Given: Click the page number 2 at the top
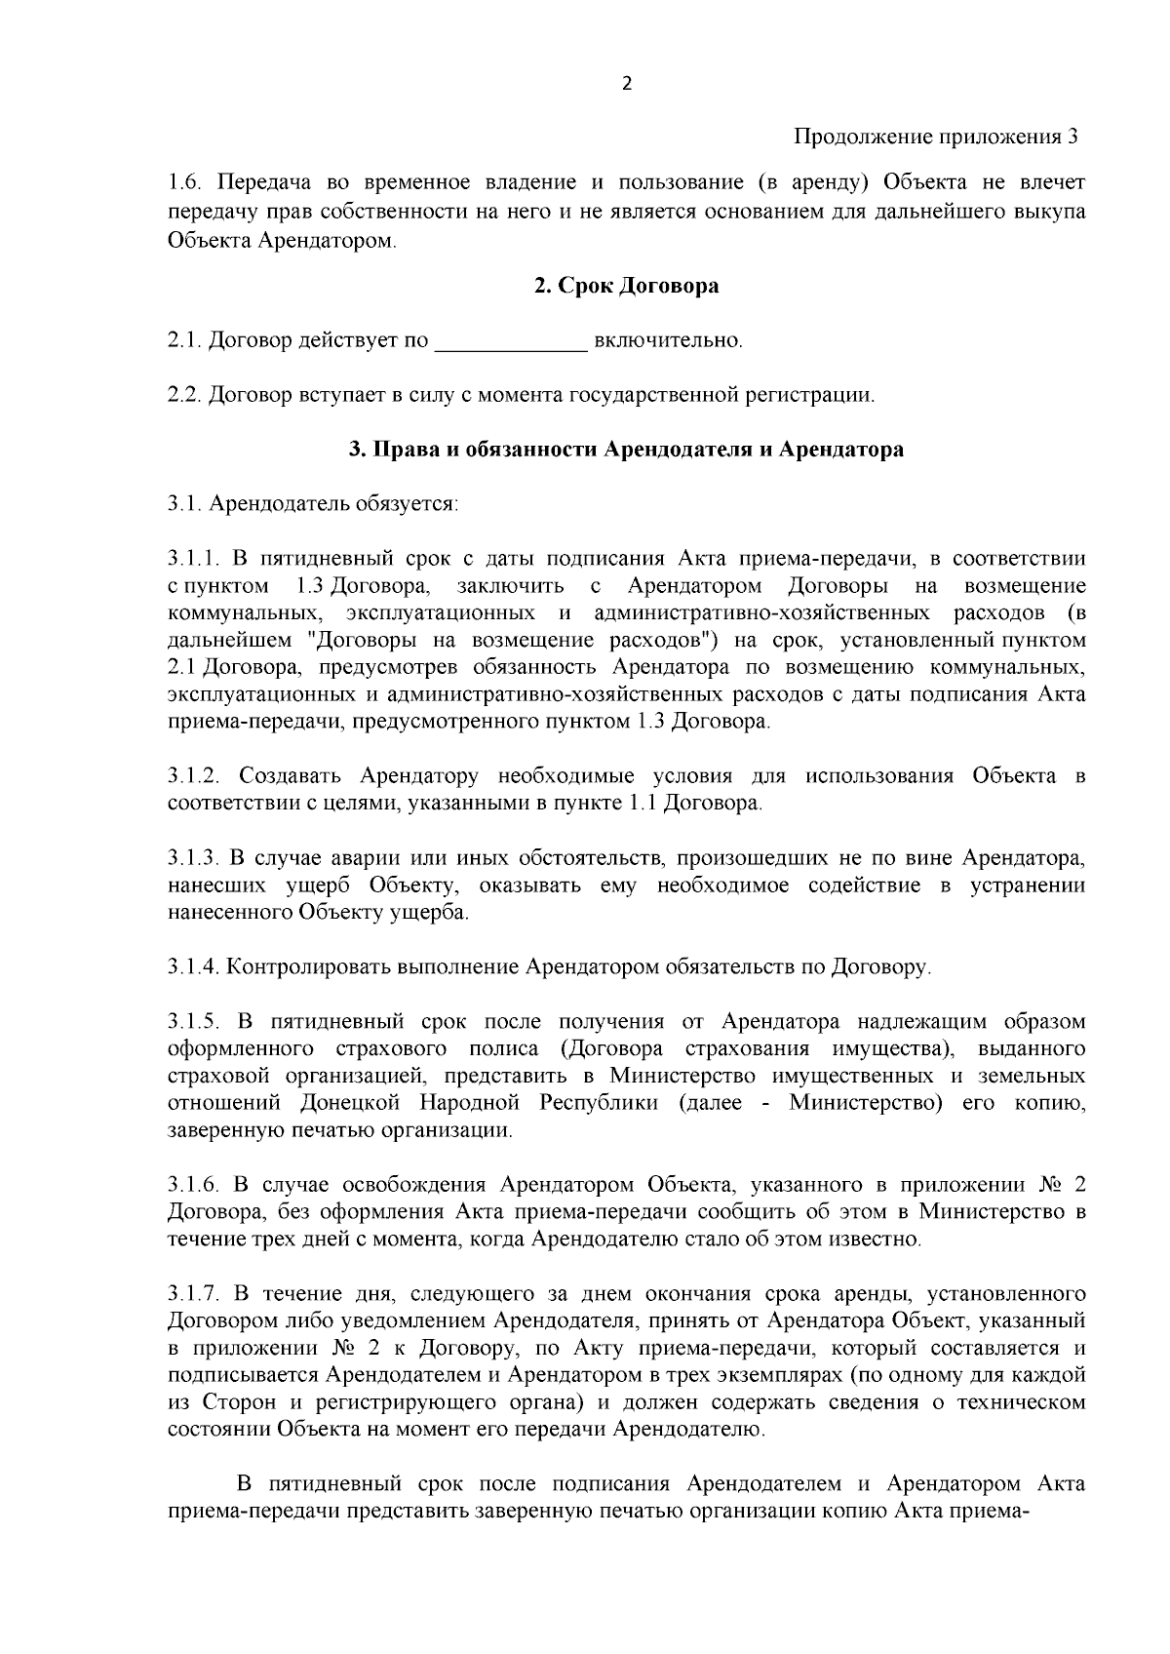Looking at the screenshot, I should pyautogui.click(x=626, y=84).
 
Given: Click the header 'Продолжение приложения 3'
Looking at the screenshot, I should pyautogui.click(x=936, y=137).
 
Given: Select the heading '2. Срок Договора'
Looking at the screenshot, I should pyautogui.click(x=626, y=287).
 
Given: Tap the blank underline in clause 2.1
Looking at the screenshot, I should pyautogui.click(x=510, y=341).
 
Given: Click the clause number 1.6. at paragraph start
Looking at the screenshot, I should pyautogui.click(x=185, y=183).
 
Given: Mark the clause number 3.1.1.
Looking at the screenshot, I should pyautogui.click(x=193, y=559).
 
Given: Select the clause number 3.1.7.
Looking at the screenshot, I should pyautogui.click(x=193, y=1295).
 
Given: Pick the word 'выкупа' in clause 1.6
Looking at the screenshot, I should pyautogui.click(x=1053, y=211).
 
